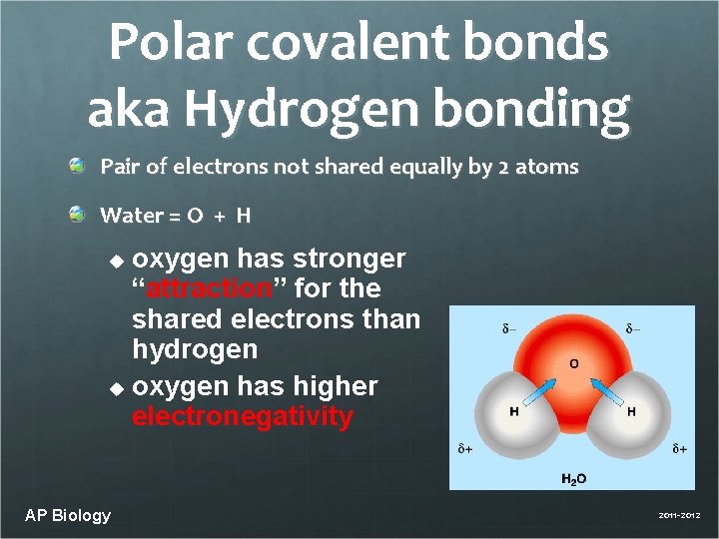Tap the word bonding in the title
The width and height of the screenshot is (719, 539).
[x=545, y=109]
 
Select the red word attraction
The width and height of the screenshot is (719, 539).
[x=209, y=288]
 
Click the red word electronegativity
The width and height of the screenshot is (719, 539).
[x=243, y=416]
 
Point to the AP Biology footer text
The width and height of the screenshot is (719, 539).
[x=68, y=515]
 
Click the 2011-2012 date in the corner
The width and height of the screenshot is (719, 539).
[x=679, y=515]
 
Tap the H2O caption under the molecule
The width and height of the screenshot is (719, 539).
[x=573, y=479]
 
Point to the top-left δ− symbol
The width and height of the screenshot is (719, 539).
[x=509, y=328]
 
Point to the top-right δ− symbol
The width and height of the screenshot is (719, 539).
[x=633, y=328]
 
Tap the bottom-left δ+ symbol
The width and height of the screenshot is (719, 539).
[x=465, y=449]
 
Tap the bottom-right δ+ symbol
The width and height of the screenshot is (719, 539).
[x=679, y=449]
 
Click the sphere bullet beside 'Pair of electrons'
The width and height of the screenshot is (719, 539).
[x=77, y=166]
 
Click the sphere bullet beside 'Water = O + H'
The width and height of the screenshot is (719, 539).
[x=77, y=214]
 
